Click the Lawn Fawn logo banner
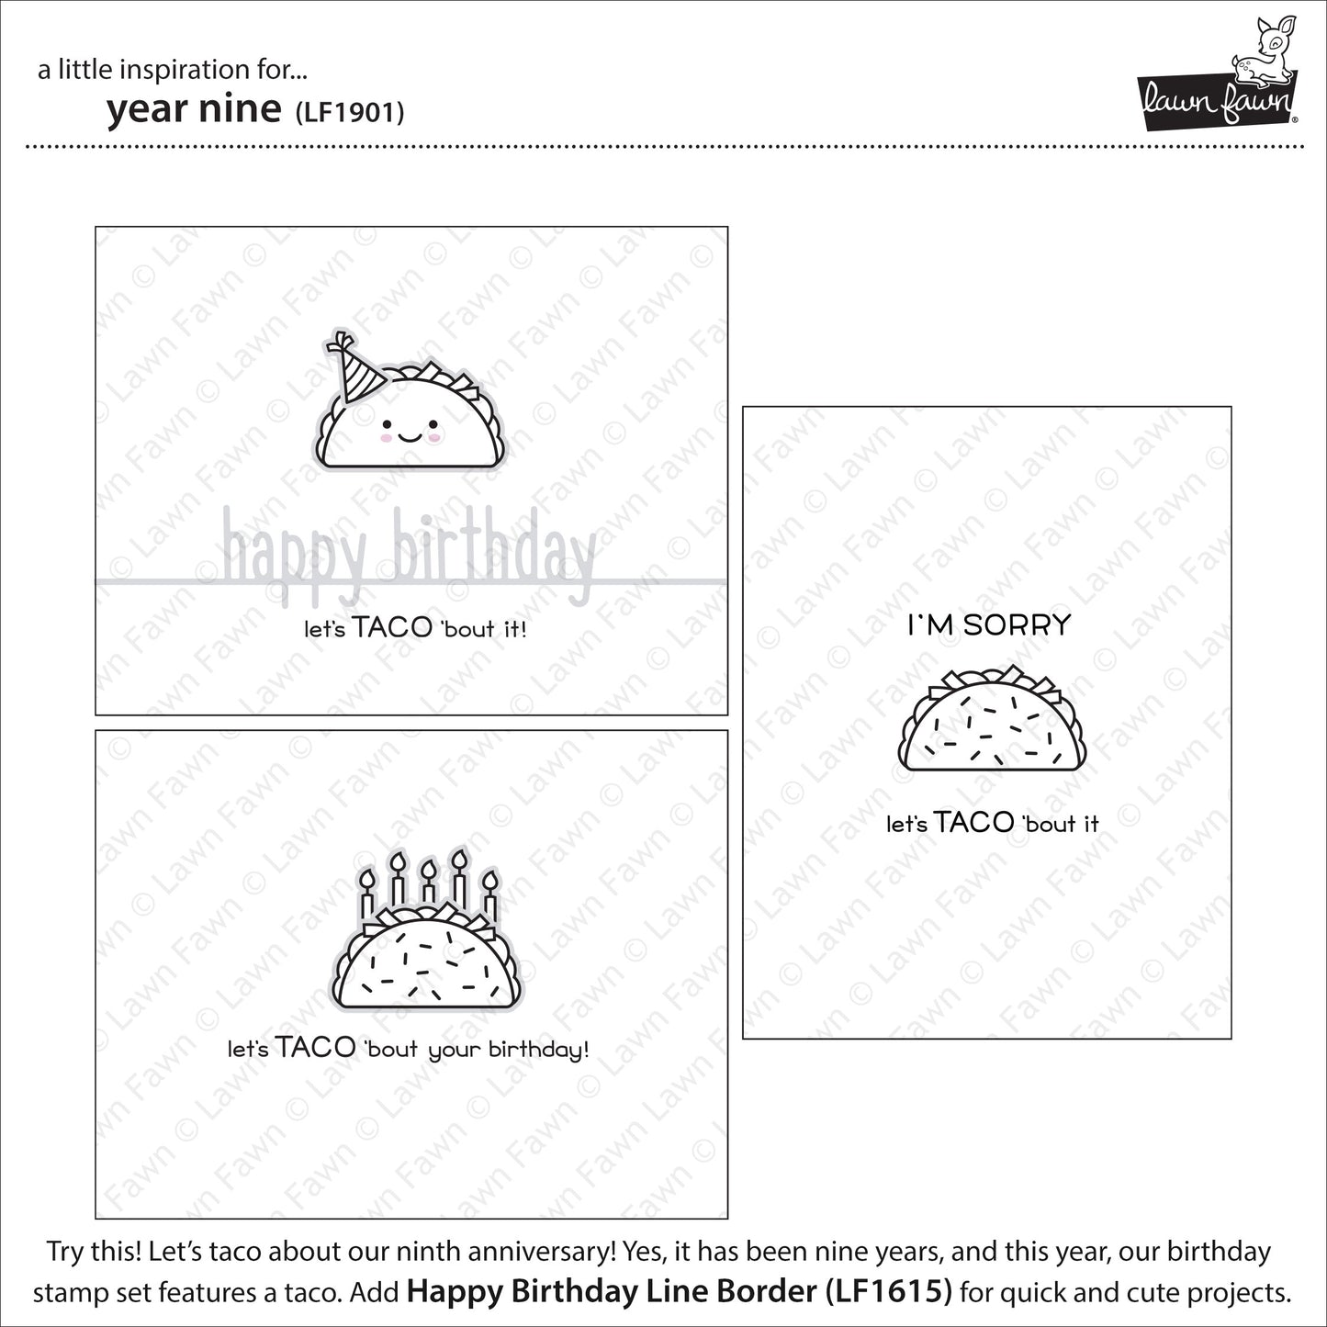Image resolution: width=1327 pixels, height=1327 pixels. [1217, 100]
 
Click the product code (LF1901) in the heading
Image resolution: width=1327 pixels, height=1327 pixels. [350, 112]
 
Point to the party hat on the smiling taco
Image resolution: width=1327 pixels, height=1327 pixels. [354, 368]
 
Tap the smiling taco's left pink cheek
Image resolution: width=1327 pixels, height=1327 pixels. [386, 437]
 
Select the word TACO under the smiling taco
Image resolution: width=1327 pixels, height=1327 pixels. [392, 627]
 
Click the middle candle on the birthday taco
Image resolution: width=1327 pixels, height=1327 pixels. [428, 883]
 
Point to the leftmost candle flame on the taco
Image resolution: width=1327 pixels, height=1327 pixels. [367, 879]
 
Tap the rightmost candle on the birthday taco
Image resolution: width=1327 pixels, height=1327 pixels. [489, 896]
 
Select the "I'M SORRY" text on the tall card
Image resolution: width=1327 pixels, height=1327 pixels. [990, 625]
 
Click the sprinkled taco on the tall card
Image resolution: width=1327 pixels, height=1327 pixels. [992, 717]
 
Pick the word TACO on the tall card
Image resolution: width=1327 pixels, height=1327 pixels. [973, 822]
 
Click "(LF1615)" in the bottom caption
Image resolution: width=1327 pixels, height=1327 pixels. [888, 1290]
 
